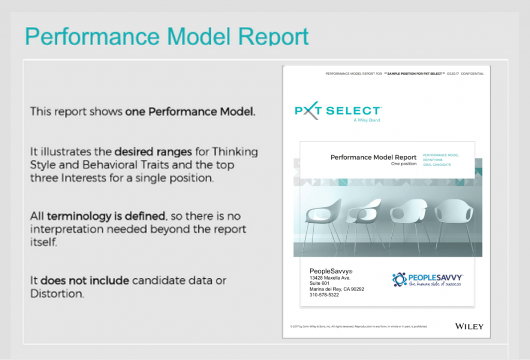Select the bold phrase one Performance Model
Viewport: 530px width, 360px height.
(x=190, y=111)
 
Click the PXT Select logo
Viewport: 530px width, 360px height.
(x=337, y=111)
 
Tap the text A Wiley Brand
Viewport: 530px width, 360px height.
(x=367, y=120)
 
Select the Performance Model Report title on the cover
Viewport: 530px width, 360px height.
(x=373, y=157)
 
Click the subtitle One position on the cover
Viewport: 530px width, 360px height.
(x=403, y=164)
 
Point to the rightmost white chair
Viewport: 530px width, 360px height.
(x=454, y=217)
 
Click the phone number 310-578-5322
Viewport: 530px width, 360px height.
(x=324, y=295)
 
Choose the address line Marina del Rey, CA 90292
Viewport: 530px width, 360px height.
(x=336, y=289)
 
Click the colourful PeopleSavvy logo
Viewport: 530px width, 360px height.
(x=427, y=280)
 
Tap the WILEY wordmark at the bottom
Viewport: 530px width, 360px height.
(x=469, y=326)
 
